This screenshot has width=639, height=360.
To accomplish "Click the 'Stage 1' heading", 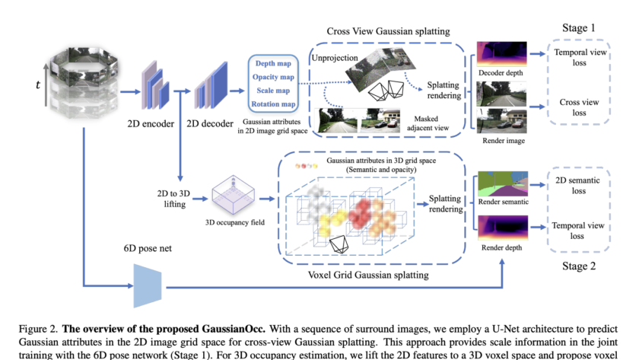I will pyautogui.click(x=579, y=28).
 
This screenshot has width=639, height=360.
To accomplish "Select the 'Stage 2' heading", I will pyautogui.click(x=579, y=266).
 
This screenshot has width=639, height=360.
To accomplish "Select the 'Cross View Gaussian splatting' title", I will pyautogui.click(x=388, y=31).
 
